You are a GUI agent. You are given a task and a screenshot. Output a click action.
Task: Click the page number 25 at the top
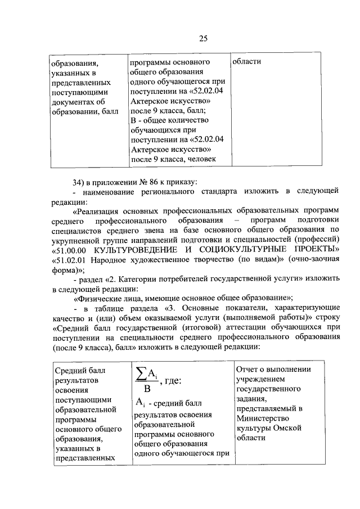pyautogui.click(x=203, y=38)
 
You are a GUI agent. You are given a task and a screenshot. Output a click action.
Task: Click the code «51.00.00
pyautogui.click(x=71, y=249)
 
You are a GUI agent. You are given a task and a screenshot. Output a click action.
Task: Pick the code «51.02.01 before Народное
pyautogui.click(x=71, y=259)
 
